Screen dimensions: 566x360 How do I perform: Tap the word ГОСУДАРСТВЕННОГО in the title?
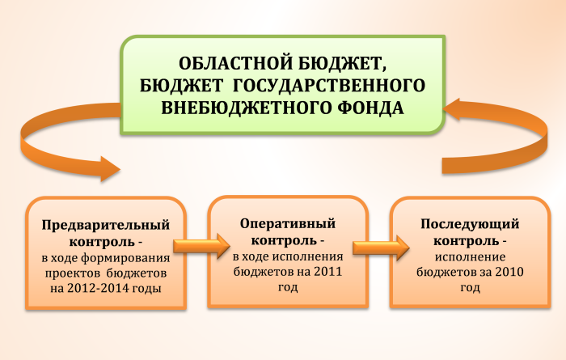coord(328,86)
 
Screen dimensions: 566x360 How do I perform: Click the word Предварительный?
coord(106,226)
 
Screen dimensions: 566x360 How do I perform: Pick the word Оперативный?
coord(288,223)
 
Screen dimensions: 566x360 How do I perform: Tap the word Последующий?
coord(470,224)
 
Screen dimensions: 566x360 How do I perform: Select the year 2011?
coord(327,272)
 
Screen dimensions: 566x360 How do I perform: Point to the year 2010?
coord(509,272)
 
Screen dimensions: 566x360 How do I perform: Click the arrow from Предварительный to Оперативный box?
coord(201,246)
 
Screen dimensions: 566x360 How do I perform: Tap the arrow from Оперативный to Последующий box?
coord(381,248)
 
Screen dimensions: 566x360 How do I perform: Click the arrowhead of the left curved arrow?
coord(109,169)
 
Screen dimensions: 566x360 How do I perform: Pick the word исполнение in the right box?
coord(470,257)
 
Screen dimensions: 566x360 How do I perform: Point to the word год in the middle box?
coord(288,287)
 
